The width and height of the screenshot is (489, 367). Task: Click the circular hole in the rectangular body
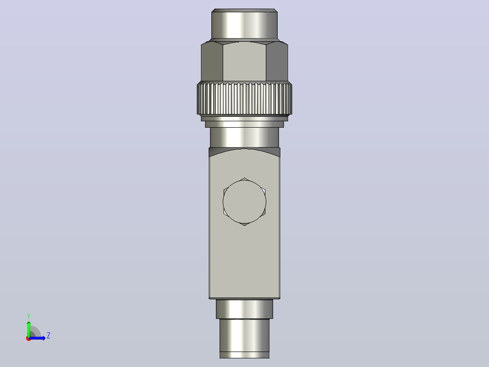click(x=244, y=202)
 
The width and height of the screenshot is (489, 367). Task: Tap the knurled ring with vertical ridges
click(x=244, y=99)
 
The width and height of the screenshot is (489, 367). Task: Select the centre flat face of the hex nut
click(x=244, y=61)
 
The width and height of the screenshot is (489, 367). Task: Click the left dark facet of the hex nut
click(x=212, y=62)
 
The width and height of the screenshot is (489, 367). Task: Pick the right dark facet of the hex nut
click(x=277, y=62)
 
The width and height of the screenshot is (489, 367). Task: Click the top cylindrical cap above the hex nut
click(x=244, y=24)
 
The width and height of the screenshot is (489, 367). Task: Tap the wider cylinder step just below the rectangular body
click(x=244, y=309)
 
